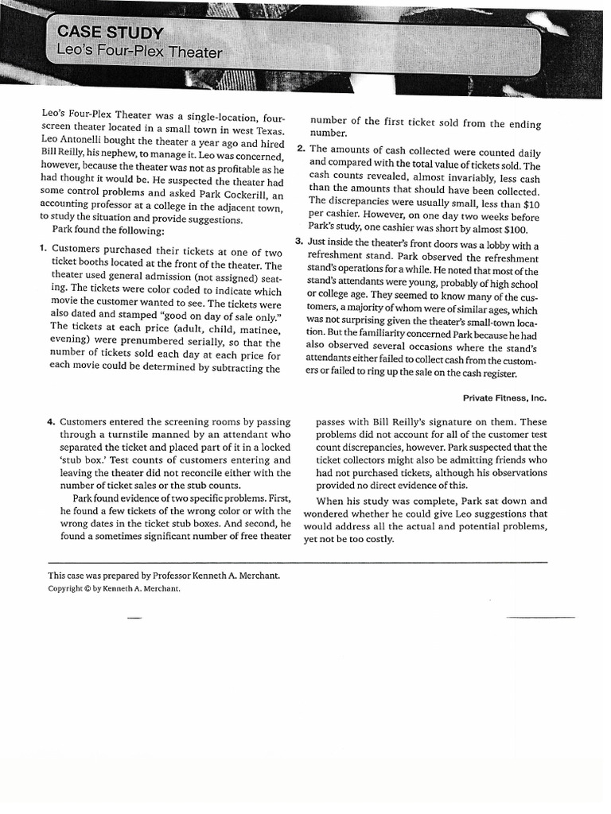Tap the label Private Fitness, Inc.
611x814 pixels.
[504, 397]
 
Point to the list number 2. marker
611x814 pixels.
[300, 149]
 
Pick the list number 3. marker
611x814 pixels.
[298, 242]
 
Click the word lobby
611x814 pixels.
[476, 245]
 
